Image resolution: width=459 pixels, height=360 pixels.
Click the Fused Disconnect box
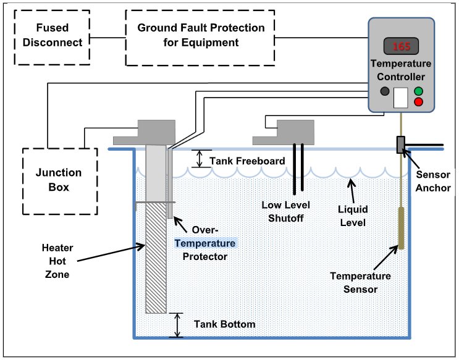52,36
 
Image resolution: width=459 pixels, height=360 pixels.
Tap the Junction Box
59,180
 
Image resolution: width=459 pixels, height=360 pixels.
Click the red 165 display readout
401,46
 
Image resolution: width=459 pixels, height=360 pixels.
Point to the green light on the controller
418,91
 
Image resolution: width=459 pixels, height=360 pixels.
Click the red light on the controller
418,102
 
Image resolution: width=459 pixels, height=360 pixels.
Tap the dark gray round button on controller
385,91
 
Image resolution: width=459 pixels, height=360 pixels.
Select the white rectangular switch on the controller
401,98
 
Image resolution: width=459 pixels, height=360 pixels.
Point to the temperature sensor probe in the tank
400,228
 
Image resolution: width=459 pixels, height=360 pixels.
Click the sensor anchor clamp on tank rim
400,144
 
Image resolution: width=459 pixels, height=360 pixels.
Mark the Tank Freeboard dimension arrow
199,159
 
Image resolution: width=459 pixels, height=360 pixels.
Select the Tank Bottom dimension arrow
178,324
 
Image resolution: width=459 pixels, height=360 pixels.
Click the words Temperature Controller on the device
401,70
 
